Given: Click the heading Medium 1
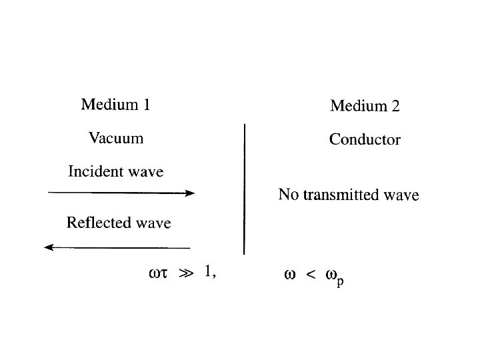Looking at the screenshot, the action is (x=115, y=105).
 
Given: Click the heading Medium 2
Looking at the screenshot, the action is (x=365, y=105).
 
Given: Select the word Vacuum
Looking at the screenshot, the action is (x=116, y=139).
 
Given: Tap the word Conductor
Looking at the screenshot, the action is (x=365, y=140).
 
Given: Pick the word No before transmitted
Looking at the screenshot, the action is (x=287, y=195).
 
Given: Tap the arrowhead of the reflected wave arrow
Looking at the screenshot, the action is (x=49, y=247).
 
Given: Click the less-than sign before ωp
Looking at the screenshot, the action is (x=310, y=275).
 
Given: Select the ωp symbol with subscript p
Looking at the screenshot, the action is (x=333, y=276).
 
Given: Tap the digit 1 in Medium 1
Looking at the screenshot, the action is (x=146, y=105).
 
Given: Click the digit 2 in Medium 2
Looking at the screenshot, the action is (x=395, y=105).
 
